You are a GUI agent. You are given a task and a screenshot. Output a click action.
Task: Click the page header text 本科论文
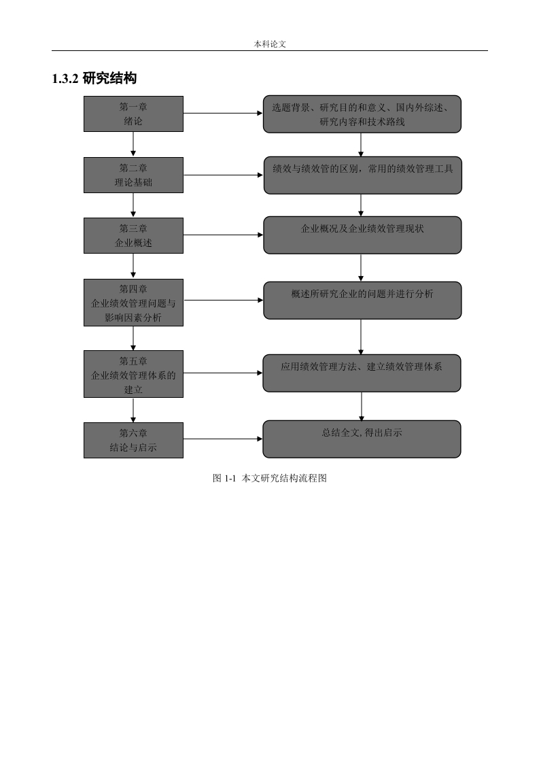pos(269,44)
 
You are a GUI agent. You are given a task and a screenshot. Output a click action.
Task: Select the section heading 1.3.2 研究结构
pos(94,78)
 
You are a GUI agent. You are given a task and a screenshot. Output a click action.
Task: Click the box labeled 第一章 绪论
pos(133,114)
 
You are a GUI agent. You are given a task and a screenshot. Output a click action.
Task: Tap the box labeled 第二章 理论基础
pos(133,175)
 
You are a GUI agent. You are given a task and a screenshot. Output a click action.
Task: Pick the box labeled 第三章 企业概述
pos(133,235)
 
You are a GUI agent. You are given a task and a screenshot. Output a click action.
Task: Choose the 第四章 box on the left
pos(133,303)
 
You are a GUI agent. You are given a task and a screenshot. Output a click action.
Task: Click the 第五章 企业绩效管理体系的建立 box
pos(133,374)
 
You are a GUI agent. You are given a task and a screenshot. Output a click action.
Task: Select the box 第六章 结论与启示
pos(133,441)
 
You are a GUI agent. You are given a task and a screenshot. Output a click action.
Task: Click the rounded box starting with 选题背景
pos(362,114)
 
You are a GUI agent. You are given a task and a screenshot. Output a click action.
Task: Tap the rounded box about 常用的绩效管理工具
pos(362,175)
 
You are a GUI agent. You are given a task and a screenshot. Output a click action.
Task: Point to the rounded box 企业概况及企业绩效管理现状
pos(362,235)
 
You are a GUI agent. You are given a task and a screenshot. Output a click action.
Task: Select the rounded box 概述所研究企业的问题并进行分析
pos(362,301)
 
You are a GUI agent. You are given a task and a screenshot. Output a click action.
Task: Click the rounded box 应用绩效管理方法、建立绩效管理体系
pos(362,373)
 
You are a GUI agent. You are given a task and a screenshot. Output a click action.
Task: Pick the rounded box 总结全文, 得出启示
pos(362,439)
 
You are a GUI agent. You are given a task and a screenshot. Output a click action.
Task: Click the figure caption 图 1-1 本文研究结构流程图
pos(269,478)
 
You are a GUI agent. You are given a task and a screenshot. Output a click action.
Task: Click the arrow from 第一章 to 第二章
pos(133,144)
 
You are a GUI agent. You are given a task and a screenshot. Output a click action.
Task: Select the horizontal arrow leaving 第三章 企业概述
pos(224,235)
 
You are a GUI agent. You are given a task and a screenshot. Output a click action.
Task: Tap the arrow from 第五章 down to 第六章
pos(133,410)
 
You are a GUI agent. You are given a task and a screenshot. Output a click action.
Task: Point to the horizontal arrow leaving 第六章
pos(224,439)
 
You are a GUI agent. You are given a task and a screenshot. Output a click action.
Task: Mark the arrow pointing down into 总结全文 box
pos(362,406)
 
